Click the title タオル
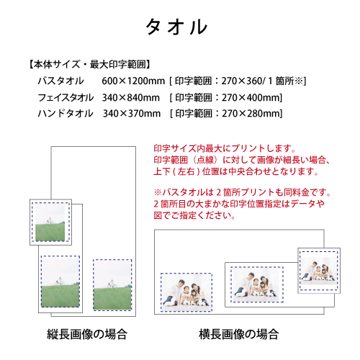[176, 27]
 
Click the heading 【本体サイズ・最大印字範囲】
[89, 64]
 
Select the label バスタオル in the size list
[61, 81]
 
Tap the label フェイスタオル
[66, 97]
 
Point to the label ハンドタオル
[66, 113]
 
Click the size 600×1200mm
[133, 81]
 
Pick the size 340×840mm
[131, 98]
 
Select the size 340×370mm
[132, 114]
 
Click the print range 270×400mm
[251, 98]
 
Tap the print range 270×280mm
[251, 114]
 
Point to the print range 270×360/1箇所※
[263, 81]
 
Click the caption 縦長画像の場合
[87, 334]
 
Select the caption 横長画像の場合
[239, 334]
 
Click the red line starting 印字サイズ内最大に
[225, 148]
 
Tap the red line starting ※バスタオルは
[243, 192]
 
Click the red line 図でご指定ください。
[194, 215]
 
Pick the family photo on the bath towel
[186, 292]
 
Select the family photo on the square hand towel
[318, 271]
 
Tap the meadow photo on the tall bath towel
[112, 284]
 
